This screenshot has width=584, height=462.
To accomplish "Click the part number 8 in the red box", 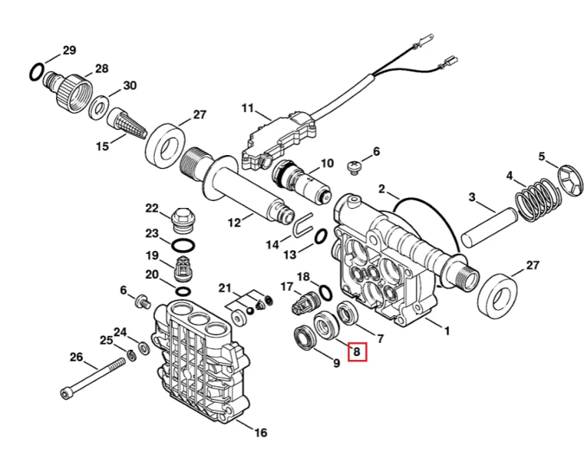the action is click(357, 351).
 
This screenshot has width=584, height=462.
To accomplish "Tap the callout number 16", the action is click(261, 432).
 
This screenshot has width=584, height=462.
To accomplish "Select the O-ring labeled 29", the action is click(37, 72).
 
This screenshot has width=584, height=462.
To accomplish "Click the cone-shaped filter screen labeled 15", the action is click(128, 123).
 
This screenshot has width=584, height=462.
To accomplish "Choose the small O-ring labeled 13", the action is click(321, 237).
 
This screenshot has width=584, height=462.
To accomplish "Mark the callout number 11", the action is click(248, 108).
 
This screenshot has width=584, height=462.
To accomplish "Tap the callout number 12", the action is click(234, 223).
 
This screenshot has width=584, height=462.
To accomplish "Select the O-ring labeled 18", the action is click(325, 292).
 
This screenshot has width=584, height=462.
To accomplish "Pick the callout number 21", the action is click(225, 288).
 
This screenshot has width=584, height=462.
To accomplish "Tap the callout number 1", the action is click(447, 330).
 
